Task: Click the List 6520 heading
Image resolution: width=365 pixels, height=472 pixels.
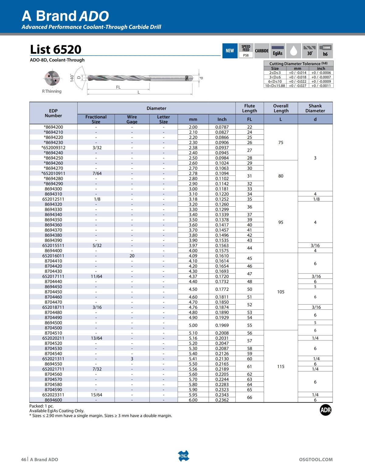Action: click(56, 50)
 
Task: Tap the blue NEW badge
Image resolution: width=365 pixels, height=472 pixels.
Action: click(230, 51)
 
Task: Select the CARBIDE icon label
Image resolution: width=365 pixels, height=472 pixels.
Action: click(262, 51)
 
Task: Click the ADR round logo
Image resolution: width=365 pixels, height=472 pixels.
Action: click(325, 411)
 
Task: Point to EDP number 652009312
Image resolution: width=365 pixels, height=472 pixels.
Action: click(53, 148)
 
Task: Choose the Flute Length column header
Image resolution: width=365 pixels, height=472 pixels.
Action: click(249, 108)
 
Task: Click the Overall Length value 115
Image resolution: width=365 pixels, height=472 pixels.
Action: click(281, 367)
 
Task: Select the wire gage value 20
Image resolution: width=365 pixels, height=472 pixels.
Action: click(132, 256)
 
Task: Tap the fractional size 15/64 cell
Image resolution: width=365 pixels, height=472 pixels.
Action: click(96, 395)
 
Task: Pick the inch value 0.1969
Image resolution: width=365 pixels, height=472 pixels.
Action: click(222, 325)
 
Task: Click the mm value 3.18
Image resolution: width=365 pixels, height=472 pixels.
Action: click(193, 199)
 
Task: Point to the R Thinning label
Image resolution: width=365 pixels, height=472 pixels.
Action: click(52, 91)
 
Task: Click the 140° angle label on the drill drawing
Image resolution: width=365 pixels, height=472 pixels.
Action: click(72, 77)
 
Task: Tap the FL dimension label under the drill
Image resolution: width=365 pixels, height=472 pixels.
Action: click(118, 87)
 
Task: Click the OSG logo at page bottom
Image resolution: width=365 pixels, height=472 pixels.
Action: click(183, 456)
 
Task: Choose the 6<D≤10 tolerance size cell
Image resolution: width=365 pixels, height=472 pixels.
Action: click(275, 81)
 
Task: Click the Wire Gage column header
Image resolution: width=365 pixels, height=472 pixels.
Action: click(132, 119)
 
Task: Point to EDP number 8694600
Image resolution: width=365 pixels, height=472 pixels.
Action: click(53, 400)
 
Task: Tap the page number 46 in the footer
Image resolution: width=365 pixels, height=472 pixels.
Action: click(23, 460)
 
